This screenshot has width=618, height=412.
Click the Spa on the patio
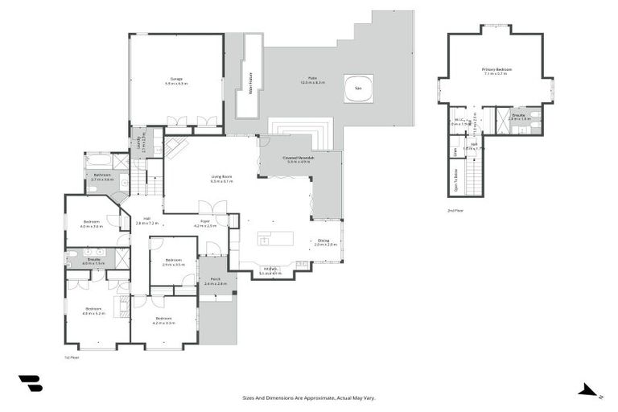358,89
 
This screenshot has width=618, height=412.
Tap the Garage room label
175,80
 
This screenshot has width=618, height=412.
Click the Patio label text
312,80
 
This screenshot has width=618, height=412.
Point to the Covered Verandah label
296,160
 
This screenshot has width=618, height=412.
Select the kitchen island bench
274,240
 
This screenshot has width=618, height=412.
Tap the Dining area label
323,241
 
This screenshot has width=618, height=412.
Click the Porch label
216,282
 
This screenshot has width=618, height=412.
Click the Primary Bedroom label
497,72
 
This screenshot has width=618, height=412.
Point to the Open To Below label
456,175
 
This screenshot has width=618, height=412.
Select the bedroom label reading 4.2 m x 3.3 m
164,320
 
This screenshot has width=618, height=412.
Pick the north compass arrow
589,392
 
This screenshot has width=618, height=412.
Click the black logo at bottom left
30,384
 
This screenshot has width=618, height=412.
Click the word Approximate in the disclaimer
320,398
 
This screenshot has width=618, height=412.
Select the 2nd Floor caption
455,210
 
